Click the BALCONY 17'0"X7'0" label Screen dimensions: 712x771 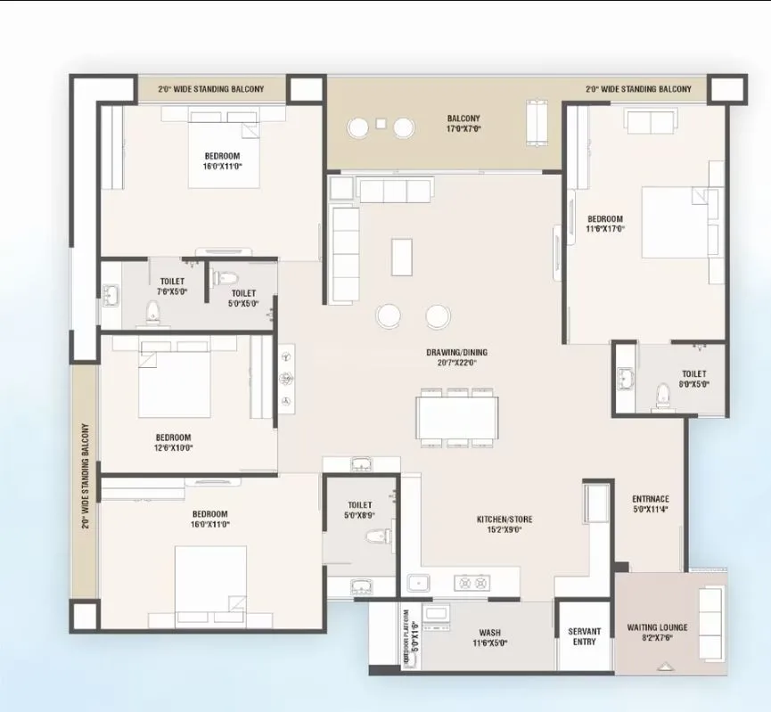[463, 123]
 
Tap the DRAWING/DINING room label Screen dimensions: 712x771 [456, 357]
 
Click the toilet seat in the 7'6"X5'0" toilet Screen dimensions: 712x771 [152, 311]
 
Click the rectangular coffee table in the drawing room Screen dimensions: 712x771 [403, 258]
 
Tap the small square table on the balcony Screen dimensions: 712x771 [381, 124]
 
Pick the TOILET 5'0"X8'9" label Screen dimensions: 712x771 [360, 509]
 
